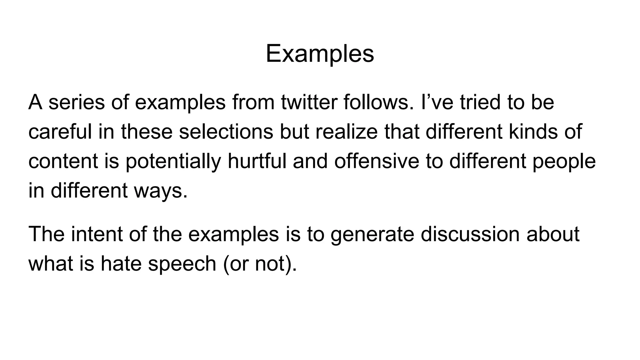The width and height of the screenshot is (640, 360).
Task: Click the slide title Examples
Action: coord(320,54)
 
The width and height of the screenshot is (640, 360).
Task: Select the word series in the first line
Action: coord(77,102)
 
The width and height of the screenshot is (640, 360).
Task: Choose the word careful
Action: coord(60,132)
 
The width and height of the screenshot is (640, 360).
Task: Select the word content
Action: coord(63,161)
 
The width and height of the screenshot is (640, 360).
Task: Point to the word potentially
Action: coord(173,161)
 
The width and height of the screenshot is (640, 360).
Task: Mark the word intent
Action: coord(97,234)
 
